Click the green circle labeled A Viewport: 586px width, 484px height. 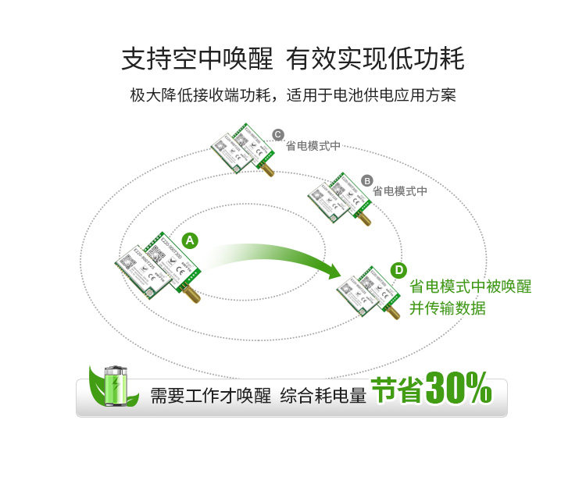coord(191,240)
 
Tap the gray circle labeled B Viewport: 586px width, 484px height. coord(367,180)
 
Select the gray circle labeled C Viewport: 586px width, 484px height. coord(277,134)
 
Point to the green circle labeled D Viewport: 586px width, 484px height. coord(399,270)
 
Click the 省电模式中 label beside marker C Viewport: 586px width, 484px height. coord(313,146)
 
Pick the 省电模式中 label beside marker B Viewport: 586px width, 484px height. coord(400,190)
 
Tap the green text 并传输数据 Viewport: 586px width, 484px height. coord(448,308)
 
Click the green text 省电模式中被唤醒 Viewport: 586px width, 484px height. coord(470,287)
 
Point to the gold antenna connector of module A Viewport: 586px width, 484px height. coord(190,294)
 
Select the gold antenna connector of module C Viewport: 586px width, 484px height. coord(266,168)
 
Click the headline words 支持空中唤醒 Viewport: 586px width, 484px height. coord(197,59)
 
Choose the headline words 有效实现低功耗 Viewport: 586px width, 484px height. coord(375,59)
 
